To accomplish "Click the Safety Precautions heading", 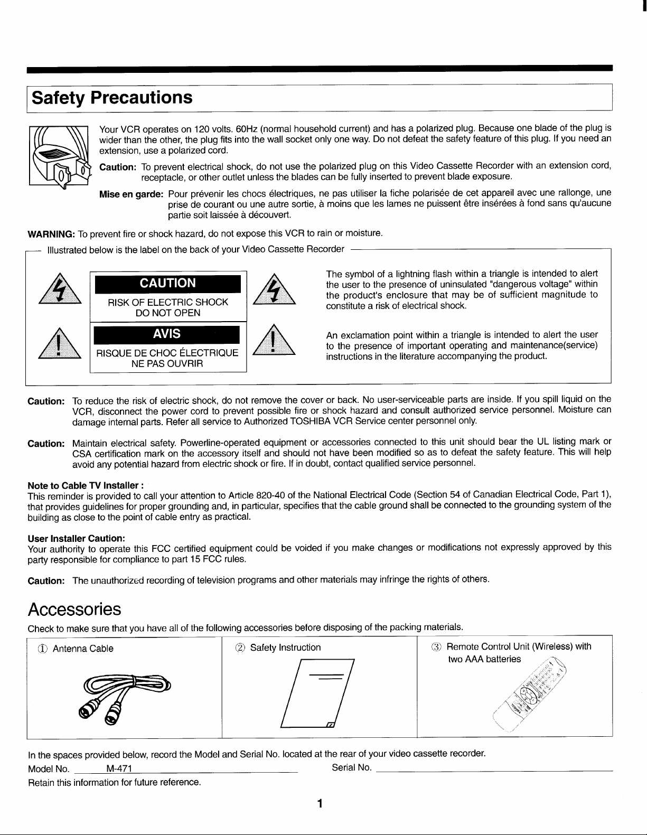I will point(111,98).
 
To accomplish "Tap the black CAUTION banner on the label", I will point(167,283).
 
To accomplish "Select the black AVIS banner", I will point(167,334).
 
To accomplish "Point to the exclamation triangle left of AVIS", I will point(60,343).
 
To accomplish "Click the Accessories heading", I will point(74,609).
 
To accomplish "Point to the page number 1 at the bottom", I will point(319,804).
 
